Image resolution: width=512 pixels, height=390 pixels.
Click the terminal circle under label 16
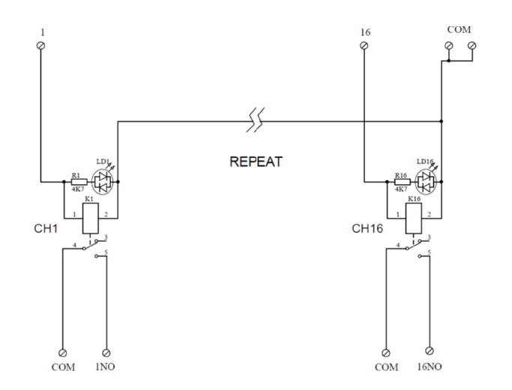364,46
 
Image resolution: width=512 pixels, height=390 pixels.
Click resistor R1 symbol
76,181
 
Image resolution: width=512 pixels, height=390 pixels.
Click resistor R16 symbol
401,181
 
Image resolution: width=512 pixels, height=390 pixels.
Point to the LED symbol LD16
427,180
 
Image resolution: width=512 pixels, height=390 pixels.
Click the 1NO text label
105,368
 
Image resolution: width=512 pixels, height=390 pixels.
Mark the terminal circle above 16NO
429,350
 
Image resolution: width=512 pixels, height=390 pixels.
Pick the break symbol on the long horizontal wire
256,120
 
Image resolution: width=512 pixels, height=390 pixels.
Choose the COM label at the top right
459,29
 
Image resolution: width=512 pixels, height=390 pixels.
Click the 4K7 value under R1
76,190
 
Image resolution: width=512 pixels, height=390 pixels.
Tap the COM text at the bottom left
63,368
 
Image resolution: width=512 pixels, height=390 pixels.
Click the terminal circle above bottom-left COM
62,351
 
